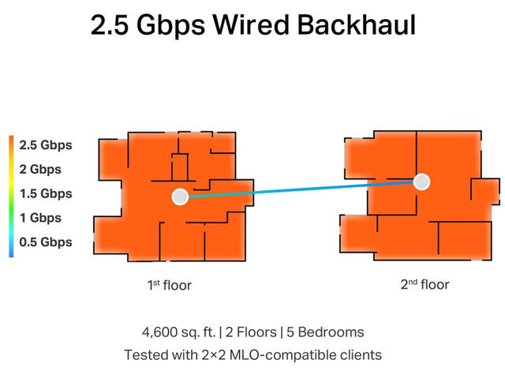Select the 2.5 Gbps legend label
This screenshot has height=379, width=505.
click(x=45, y=145)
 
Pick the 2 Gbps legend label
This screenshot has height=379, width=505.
click(x=40, y=169)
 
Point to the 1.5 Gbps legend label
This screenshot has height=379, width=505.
click(x=45, y=193)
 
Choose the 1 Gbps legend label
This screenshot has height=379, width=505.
click(x=40, y=218)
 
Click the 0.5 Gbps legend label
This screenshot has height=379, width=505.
click(x=45, y=242)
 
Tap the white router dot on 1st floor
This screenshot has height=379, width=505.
click(x=180, y=197)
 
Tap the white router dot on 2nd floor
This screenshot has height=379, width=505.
click(x=422, y=182)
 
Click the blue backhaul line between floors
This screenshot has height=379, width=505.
click(x=300, y=189)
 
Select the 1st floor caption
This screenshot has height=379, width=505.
click(x=169, y=285)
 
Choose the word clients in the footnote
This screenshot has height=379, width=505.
click(x=357, y=355)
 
